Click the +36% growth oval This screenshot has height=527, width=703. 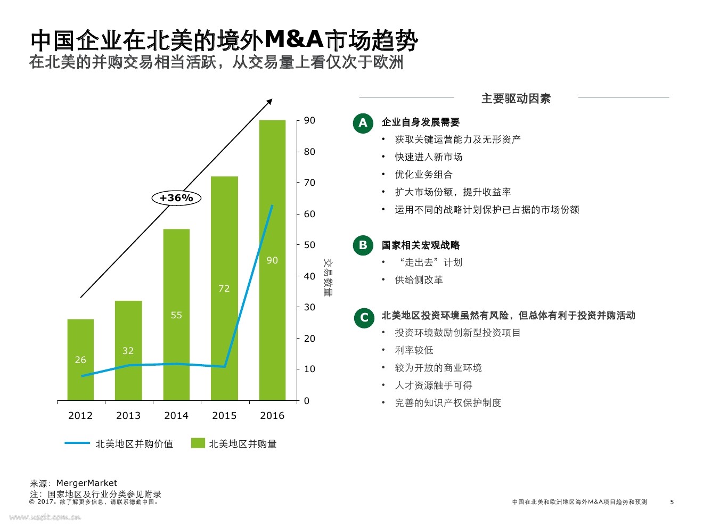pos(176,198)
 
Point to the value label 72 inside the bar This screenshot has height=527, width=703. pos(224,289)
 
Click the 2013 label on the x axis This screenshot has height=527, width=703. pos(128,416)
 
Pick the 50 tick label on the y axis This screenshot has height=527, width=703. pos(309,245)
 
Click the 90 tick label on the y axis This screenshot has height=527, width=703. pos(309,120)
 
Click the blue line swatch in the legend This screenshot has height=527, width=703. pos(77,443)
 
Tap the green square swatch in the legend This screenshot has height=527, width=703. pos(198,443)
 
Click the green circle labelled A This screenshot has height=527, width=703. pos(363,123)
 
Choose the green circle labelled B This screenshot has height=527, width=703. pos(363,245)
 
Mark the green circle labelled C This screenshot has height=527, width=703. pos(364,318)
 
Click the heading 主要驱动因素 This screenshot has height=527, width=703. pos(516,98)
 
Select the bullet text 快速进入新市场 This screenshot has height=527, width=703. pos(429,157)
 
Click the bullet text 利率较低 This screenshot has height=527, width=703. pos(414,350)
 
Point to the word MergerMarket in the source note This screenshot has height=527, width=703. pos(87,483)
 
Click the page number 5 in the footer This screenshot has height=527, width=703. pos(672,502)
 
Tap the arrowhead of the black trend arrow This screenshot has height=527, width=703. pos(270,101)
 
